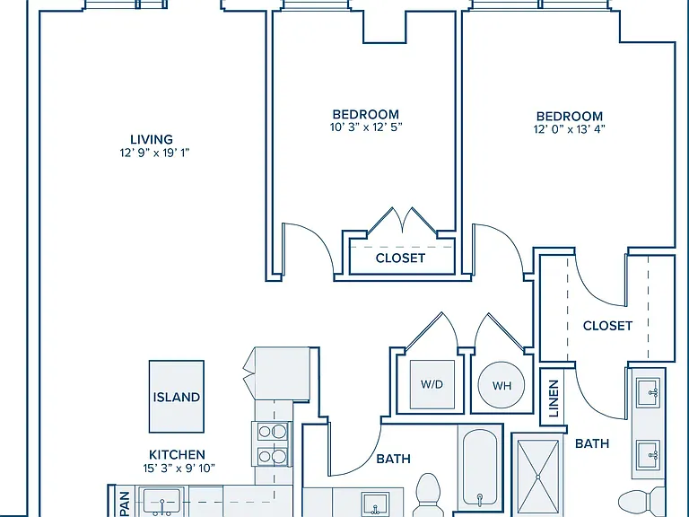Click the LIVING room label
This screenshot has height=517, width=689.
pyautogui.click(x=152, y=139)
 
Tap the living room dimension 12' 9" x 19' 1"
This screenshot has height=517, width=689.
pyautogui.click(x=154, y=153)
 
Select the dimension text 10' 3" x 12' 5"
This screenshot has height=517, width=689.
pyautogui.click(x=366, y=127)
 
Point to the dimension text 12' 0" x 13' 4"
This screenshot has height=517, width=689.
pyautogui.click(x=570, y=129)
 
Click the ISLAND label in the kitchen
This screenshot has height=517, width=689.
pyautogui.click(x=176, y=398)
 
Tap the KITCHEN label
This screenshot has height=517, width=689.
pyautogui.click(x=177, y=454)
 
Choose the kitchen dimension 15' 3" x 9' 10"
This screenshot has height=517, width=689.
pyautogui.click(x=179, y=469)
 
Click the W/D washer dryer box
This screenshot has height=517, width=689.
pyautogui.click(x=432, y=385)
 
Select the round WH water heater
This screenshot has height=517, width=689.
pyautogui.click(x=501, y=385)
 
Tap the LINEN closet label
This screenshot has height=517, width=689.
pyautogui.click(x=554, y=399)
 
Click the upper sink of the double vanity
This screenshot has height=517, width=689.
pyautogui.click(x=649, y=390)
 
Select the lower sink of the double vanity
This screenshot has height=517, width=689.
pyautogui.click(x=649, y=453)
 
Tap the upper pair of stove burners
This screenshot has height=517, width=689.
pyautogui.click(x=272, y=432)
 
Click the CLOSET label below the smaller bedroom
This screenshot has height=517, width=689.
pyautogui.click(x=400, y=258)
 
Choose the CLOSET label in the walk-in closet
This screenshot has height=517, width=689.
pyautogui.click(x=607, y=326)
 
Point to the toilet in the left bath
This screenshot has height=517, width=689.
pyautogui.click(x=428, y=495)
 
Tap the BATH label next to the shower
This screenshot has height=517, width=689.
pyautogui.click(x=592, y=443)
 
